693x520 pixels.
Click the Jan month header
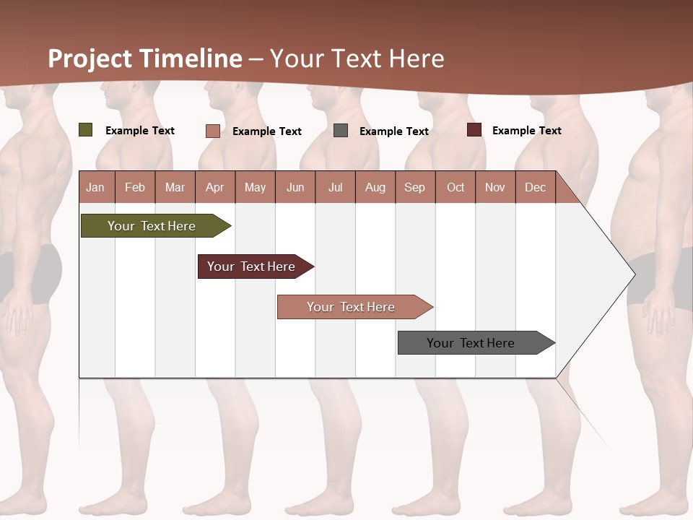tap(96, 187)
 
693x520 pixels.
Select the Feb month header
tap(135, 187)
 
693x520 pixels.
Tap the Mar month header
tap(175, 187)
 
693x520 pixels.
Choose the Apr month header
tap(215, 187)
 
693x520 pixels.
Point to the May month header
tap(255, 187)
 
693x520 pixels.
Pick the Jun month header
tap(295, 187)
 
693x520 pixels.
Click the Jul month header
tap(335, 187)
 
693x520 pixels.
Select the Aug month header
tap(375, 187)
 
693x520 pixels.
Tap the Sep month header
tap(415, 187)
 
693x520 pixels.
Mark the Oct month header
tap(456, 187)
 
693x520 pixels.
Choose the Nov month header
tap(495, 187)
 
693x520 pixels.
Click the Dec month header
tap(536, 187)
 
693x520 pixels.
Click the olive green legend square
tap(86, 130)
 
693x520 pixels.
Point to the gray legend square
tap(341, 131)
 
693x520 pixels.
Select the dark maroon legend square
tap(474, 130)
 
